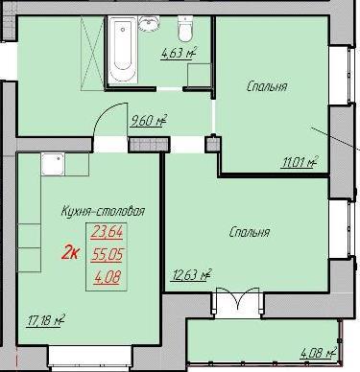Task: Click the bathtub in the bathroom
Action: [x=123, y=50]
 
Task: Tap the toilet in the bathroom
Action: [x=185, y=29]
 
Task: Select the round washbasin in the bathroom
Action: [x=149, y=24]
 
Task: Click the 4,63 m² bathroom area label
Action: [x=179, y=53]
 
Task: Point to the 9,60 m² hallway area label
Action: [x=149, y=121]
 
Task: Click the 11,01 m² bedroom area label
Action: [x=300, y=162]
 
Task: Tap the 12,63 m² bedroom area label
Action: [x=191, y=275]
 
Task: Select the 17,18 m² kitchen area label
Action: [x=45, y=320]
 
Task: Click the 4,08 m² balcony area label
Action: [x=319, y=353]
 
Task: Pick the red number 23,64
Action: [x=107, y=232]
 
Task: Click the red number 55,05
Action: [x=107, y=255]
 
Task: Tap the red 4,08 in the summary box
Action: [x=108, y=277]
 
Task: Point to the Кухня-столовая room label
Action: [x=103, y=211]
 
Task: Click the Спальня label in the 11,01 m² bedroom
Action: [x=267, y=86]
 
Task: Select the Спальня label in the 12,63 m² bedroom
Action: [x=250, y=232]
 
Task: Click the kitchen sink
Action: [x=53, y=164]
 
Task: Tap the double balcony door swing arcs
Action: [x=237, y=297]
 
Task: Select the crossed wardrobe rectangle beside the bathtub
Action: [x=92, y=53]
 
